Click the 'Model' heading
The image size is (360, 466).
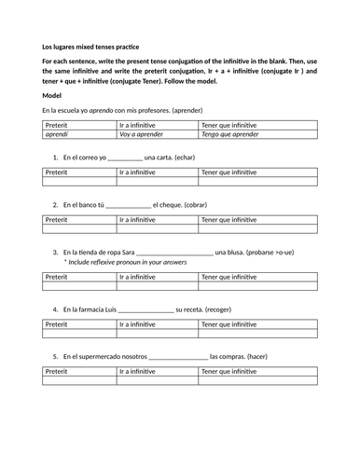tap(53, 95)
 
